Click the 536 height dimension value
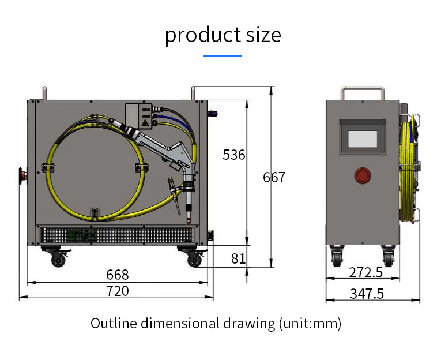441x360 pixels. point(233,155)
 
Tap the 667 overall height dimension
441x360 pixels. point(274,177)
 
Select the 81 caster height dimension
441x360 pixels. point(238,258)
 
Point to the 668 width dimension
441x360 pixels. point(118,275)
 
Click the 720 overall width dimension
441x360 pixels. point(118,291)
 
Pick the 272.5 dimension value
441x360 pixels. point(366,272)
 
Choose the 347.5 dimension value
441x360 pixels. point(367,294)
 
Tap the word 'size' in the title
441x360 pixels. point(263,35)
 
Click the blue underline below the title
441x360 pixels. point(223,56)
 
